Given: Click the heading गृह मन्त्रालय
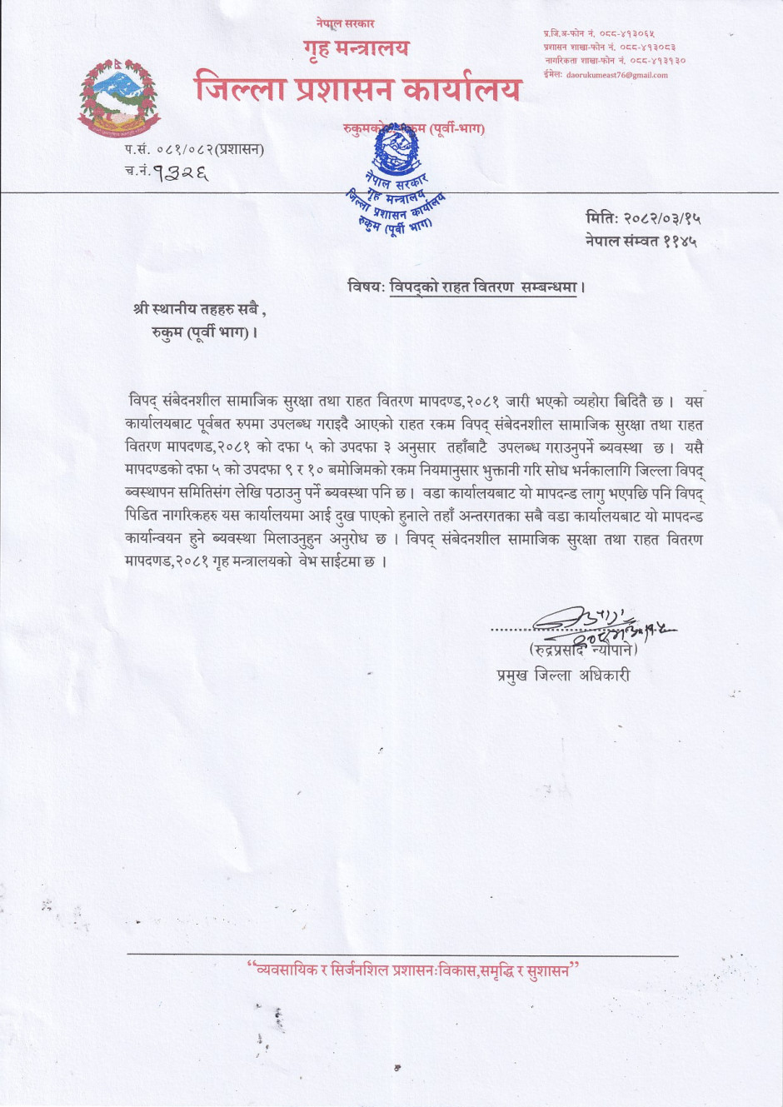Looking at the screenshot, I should point(357,48).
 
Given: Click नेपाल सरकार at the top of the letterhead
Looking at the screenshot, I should point(345,23).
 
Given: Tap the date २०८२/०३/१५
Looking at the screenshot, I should point(663,218).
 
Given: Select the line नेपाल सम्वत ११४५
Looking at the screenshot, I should point(641,242).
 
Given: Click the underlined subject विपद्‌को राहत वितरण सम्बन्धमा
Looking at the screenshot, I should point(484,287).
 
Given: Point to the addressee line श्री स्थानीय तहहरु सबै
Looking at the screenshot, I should point(199,310).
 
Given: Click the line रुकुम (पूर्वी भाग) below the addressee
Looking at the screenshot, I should point(204,333).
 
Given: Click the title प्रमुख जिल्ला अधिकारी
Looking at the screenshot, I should point(564,675).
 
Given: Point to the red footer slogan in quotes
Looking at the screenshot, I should point(412,970).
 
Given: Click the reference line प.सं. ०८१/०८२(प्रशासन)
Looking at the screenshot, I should point(195,150).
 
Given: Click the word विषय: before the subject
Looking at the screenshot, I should point(366,287).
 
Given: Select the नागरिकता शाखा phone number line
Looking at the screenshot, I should point(615,61).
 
